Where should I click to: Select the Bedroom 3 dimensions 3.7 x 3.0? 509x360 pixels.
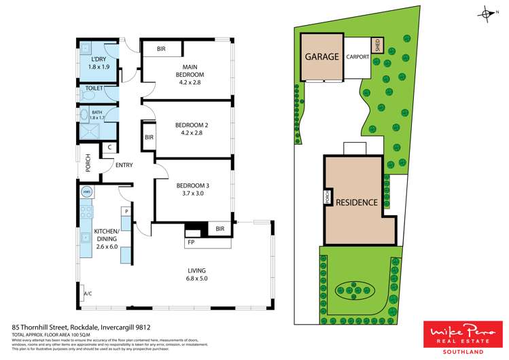pyautogui.click(x=191, y=194)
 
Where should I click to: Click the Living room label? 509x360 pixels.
pyautogui.click(x=196, y=272)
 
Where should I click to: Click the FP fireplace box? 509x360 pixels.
pyautogui.click(x=190, y=241)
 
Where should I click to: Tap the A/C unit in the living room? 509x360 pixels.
pyautogui.click(x=86, y=293)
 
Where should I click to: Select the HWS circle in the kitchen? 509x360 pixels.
pyautogui.click(x=86, y=192)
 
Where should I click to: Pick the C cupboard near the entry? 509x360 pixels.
pyautogui.click(x=109, y=147)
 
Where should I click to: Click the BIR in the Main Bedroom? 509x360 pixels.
pyautogui.click(x=162, y=50)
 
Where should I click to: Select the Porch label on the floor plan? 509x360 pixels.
pyautogui.click(x=88, y=163)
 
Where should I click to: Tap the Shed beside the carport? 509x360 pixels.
pyautogui.click(x=376, y=46)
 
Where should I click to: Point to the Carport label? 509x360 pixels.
pyautogui.click(x=357, y=57)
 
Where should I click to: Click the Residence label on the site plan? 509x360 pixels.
pyautogui.click(x=357, y=202)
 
